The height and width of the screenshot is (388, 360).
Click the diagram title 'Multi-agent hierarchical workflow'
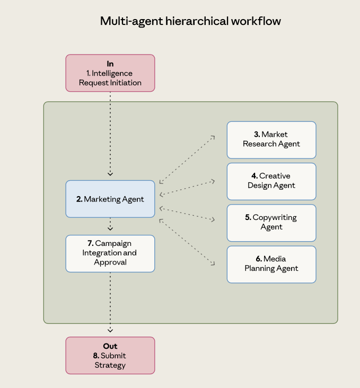190,21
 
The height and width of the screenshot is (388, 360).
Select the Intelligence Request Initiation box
110,73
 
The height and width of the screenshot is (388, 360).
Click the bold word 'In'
110,64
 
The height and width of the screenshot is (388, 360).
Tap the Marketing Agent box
110,199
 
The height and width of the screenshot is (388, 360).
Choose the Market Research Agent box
271,140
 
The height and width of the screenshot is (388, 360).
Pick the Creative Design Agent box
271,181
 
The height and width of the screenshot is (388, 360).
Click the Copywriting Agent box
271,223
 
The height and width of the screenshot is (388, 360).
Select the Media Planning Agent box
271,264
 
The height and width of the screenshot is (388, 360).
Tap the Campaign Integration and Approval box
110,253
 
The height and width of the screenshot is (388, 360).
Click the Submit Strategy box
110,356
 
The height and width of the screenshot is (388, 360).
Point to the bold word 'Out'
110,346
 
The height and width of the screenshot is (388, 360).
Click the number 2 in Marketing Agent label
79,199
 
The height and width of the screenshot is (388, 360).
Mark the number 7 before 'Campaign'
90,243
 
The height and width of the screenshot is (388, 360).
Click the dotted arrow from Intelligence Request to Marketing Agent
110,133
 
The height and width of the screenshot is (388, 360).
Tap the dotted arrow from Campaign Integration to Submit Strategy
110,302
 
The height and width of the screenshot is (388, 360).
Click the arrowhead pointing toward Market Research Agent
212,137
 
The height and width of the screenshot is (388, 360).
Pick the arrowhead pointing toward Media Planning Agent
213,263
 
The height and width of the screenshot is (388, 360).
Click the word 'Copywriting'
274,218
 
